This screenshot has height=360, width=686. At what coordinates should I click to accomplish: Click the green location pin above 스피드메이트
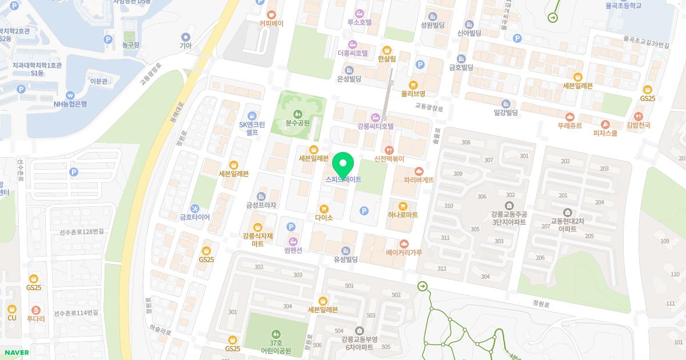(342, 165)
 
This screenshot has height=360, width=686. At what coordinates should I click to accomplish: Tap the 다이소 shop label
(324, 218)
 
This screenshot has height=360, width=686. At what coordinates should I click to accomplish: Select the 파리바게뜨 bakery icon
(419, 171)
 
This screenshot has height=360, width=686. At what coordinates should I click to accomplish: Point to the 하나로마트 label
(402, 215)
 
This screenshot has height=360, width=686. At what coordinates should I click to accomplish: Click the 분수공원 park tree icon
(297, 113)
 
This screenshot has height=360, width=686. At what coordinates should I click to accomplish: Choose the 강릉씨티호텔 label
(376, 126)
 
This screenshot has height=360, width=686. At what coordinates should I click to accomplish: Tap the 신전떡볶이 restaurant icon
(389, 150)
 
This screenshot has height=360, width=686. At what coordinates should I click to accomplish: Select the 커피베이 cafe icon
(271, 14)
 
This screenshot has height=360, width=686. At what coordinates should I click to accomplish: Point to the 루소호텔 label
(360, 23)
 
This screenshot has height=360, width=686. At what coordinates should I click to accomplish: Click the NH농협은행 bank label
(70, 104)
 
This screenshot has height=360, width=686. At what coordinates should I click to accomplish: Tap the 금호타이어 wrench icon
(195, 208)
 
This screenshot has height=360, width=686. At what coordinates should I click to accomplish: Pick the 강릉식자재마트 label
(257, 239)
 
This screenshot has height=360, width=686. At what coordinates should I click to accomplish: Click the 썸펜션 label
(293, 250)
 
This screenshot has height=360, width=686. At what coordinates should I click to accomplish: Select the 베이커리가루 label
(404, 252)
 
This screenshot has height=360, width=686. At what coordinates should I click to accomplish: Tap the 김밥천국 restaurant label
(638, 125)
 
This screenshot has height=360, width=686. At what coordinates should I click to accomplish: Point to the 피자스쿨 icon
(605, 124)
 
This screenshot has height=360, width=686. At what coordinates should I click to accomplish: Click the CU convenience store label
(12, 318)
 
